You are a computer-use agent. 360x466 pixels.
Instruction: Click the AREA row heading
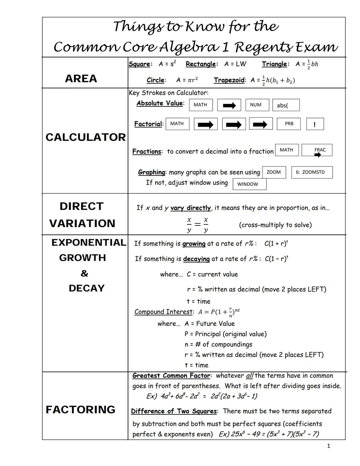[81, 79]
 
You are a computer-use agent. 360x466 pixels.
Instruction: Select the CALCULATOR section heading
[86, 137]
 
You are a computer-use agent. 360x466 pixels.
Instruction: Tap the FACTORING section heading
[80, 410]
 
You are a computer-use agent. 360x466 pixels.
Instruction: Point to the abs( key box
[286, 105]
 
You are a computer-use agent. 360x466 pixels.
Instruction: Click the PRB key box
[289, 124]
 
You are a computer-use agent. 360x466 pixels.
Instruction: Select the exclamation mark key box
[315, 124]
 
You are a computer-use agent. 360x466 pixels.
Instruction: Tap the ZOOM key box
[274, 172]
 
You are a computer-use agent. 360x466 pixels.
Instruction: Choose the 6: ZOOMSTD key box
[312, 172]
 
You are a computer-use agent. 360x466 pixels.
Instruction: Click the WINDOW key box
[249, 184]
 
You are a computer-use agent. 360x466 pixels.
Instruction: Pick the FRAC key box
[317, 150]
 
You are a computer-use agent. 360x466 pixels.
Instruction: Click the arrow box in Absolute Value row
[229, 105]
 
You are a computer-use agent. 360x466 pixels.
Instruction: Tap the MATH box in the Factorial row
[177, 124]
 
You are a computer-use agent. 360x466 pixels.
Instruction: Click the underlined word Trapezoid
[229, 80]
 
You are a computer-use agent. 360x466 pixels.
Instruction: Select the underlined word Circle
[155, 80]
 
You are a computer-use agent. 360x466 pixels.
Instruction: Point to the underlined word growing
[194, 244]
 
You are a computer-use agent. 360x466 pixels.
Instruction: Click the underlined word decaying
[196, 259]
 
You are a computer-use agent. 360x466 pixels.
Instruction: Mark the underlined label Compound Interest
[163, 312]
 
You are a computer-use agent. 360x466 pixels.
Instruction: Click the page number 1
[329, 446]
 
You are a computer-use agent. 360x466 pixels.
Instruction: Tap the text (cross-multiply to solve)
[275, 225]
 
